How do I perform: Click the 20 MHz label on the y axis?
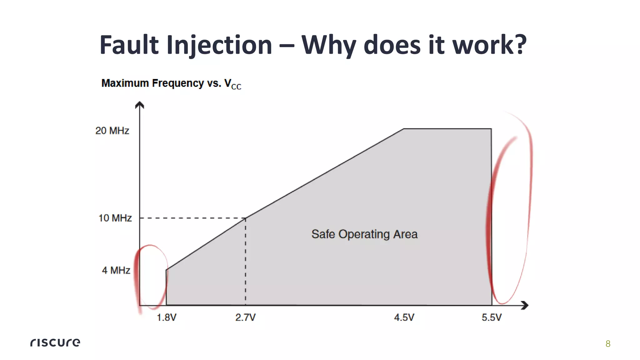(x=112, y=131)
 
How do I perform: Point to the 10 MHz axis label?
(x=115, y=218)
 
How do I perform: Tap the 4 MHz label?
(x=116, y=270)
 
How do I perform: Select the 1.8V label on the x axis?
(x=167, y=317)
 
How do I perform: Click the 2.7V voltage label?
(x=245, y=317)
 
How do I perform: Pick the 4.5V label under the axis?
(x=404, y=317)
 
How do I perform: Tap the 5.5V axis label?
(x=492, y=317)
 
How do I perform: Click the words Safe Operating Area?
(x=364, y=234)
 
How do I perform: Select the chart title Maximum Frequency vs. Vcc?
(x=171, y=83)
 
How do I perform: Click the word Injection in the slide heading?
(x=219, y=45)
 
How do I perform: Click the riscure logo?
(x=55, y=342)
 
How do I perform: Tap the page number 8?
(x=608, y=344)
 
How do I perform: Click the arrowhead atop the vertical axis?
(x=139, y=105)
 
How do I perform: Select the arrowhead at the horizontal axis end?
(x=525, y=305)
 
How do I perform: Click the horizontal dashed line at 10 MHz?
(x=192, y=218)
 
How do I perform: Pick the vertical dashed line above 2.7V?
(x=245, y=262)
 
